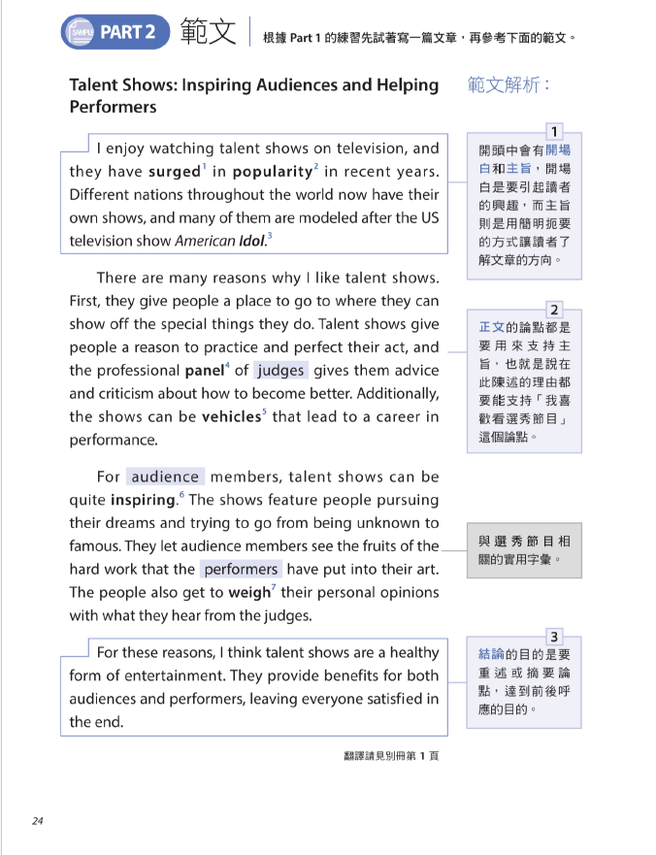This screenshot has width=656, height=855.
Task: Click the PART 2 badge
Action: [x=115, y=32]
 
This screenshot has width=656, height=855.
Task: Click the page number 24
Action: [x=38, y=821]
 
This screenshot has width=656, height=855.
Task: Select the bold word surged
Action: [x=174, y=172]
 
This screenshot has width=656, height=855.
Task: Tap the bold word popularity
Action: [x=270, y=172]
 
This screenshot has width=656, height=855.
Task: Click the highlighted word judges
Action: [x=280, y=370]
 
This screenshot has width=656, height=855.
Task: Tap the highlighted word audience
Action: [x=165, y=477]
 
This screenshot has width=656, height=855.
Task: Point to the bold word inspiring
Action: [x=142, y=500]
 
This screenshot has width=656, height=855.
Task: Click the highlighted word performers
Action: [x=241, y=570]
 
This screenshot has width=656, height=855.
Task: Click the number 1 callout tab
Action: [x=553, y=132]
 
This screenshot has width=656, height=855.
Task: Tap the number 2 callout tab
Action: [x=553, y=310]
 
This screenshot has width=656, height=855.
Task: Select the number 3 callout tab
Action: [x=553, y=637]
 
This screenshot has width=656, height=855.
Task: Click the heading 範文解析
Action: [x=508, y=85]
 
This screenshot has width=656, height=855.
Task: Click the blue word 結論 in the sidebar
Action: [x=491, y=655]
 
